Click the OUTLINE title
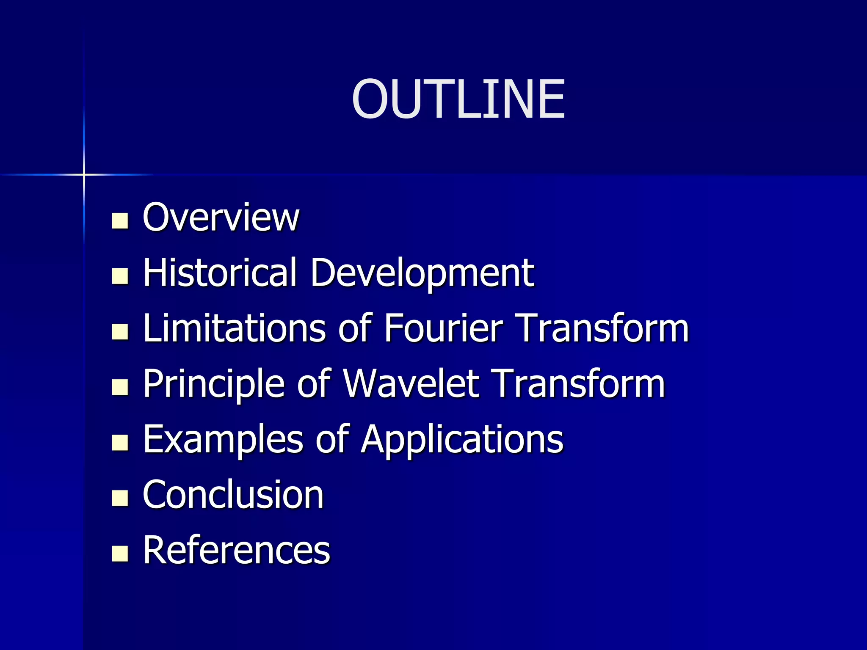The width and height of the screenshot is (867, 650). point(458,99)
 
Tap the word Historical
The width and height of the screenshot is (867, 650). point(219,273)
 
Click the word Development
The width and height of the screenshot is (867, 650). point(422,273)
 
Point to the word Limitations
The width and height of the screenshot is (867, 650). point(234,328)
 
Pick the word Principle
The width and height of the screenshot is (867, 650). point(213,384)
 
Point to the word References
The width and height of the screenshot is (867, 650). point(236,550)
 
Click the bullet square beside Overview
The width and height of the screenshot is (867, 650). point(120,220)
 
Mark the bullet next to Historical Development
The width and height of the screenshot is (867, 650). point(120,276)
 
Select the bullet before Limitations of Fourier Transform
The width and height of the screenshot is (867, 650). point(120,332)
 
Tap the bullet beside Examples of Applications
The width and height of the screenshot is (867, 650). point(120,443)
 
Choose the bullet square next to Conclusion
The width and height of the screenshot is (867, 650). point(120,498)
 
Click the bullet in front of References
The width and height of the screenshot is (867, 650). point(120,554)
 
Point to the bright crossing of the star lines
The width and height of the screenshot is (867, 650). point(84,174)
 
